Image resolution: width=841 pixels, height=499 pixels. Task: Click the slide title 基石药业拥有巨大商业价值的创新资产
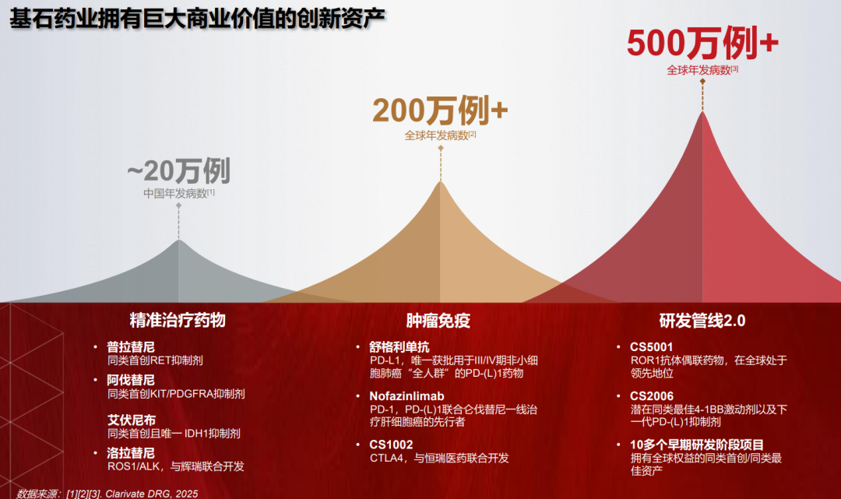pos(197,19)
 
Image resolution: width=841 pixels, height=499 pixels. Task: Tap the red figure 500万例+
pos(702,43)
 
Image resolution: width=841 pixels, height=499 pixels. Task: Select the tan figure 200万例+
pos(440,111)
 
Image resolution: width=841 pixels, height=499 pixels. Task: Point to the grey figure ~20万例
pos(178,171)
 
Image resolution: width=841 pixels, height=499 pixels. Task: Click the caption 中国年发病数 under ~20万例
pos(175,194)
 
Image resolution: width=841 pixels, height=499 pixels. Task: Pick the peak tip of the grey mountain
pos(178,240)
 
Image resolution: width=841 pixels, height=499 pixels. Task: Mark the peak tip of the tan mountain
pos(440,181)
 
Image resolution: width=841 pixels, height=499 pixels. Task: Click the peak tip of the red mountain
pos(702,111)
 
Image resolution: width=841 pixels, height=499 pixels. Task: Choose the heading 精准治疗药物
pos(178,320)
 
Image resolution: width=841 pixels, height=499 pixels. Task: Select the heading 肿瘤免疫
pos(438,321)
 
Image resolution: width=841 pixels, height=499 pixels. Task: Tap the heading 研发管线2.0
pos(702,321)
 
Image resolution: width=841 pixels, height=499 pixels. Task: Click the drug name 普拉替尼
pos(131,346)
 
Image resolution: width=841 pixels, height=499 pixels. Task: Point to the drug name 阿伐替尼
pos(131,380)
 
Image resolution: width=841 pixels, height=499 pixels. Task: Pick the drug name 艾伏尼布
pos(132,420)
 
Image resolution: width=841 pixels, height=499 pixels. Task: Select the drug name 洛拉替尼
pos(131,453)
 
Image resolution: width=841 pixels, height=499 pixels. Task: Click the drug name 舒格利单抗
pos(399,346)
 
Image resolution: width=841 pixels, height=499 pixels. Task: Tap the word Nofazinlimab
pos(406,396)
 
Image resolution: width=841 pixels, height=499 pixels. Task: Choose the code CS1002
pos(391,445)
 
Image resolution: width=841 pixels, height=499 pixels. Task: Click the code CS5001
pos(651,346)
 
